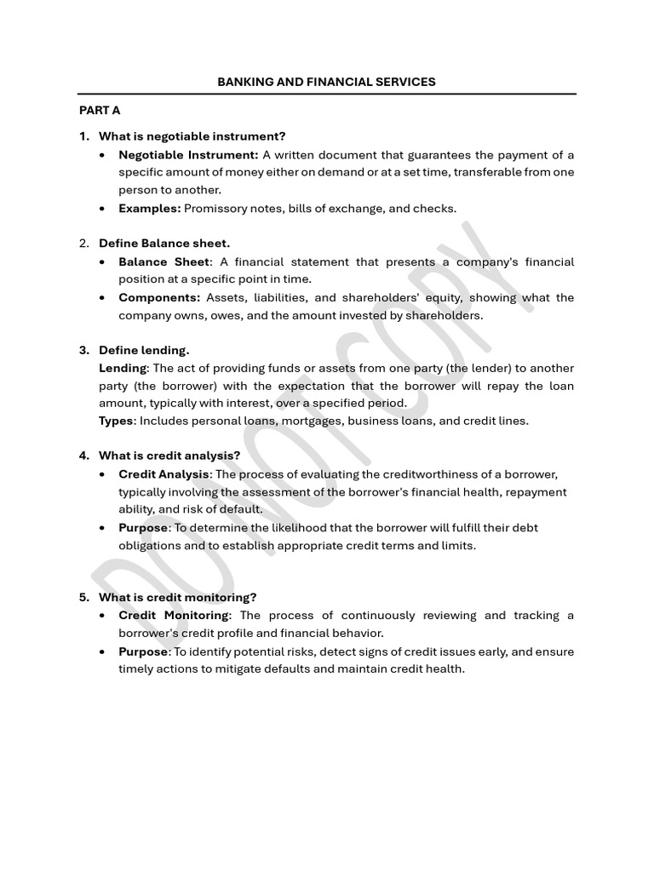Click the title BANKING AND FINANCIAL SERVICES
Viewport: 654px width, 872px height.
click(x=326, y=82)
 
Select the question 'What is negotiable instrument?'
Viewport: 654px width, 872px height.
click(x=192, y=136)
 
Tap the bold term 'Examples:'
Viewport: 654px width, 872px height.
click(x=150, y=208)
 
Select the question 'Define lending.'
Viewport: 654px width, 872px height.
click(x=144, y=350)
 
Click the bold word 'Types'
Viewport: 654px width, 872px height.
click(x=117, y=421)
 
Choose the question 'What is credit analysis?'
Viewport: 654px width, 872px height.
click(x=169, y=456)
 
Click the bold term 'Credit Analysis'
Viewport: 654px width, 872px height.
click(x=163, y=474)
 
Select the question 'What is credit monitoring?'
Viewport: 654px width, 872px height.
click(x=177, y=597)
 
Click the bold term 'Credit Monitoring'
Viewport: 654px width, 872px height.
click(x=174, y=615)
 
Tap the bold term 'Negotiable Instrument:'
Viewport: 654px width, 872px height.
click(x=188, y=154)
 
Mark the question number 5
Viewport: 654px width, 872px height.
click(x=83, y=597)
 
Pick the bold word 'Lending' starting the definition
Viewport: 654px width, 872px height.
click(x=123, y=368)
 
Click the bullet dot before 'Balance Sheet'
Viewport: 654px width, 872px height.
click(x=103, y=262)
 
